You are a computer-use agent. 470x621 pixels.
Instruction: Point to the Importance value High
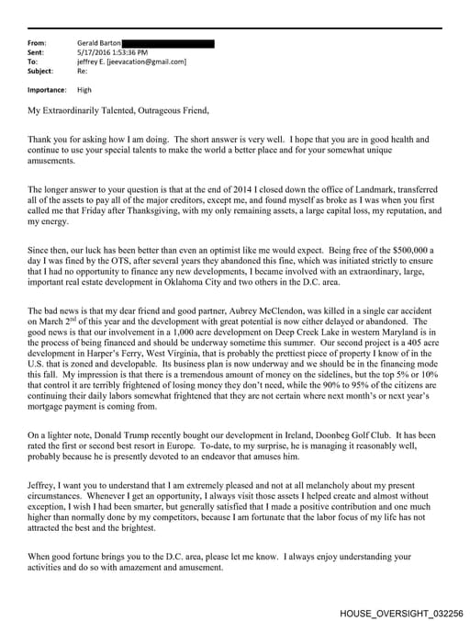coord(84,90)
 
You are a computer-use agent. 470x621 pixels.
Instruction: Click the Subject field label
coord(41,71)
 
